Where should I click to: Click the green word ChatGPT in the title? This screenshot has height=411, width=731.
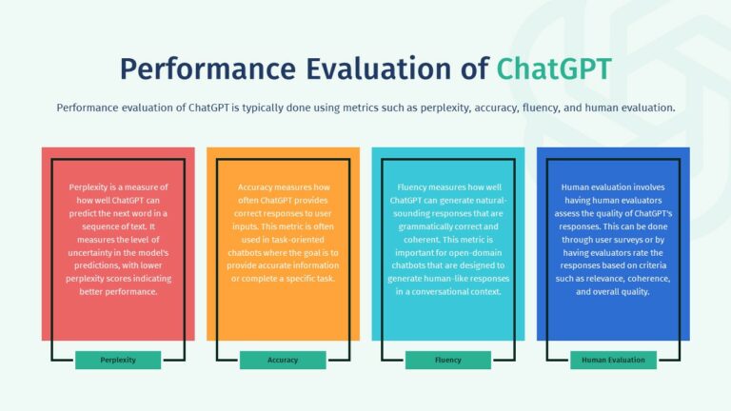[x=554, y=68]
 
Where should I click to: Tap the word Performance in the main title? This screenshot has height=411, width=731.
[x=207, y=68]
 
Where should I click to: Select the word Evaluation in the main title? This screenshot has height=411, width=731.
[x=379, y=68]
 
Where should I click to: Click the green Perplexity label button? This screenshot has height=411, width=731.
[x=118, y=360]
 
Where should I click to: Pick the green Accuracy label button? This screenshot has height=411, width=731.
[x=283, y=360]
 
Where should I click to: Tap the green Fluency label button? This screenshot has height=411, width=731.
[x=448, y=360]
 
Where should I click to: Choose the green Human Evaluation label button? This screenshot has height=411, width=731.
[x=613, y=360]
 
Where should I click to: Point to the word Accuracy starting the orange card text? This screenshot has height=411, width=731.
[x=255, y=187]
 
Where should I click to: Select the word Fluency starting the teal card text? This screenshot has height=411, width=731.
[x=411, y=187]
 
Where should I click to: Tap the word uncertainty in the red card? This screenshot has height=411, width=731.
[x=90, y=253]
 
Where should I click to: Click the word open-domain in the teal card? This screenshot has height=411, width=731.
[x=476, y=253]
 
